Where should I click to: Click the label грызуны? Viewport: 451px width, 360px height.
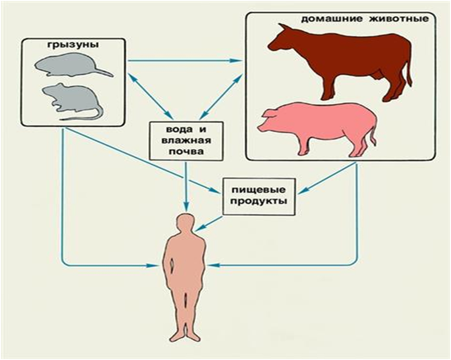73,46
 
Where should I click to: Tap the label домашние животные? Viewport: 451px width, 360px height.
365,20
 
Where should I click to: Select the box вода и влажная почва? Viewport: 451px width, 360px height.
186,141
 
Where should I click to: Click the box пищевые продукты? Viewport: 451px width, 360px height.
259,196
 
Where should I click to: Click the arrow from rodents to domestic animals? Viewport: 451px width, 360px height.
184,60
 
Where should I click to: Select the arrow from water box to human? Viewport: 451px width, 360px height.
186,187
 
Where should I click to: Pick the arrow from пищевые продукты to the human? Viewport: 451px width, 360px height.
209,223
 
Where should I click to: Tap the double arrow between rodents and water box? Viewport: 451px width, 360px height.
150,96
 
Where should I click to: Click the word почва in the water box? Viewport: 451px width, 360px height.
186,151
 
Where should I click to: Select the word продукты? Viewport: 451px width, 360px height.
259,201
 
